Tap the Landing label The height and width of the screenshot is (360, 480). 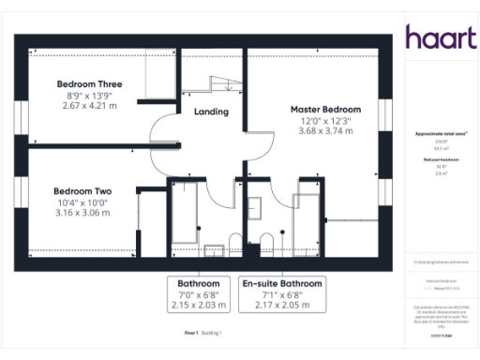[211, 112]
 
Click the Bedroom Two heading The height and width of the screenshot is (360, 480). [83, 191]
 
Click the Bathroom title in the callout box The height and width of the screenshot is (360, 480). [199, 283]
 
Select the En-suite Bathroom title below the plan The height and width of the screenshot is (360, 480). [282, 283]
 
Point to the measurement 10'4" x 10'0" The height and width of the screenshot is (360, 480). [83, 202]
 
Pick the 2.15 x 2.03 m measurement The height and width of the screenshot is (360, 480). [199, 306]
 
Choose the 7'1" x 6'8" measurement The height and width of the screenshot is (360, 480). [282, 294]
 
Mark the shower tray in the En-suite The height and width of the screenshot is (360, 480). [307, 220]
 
